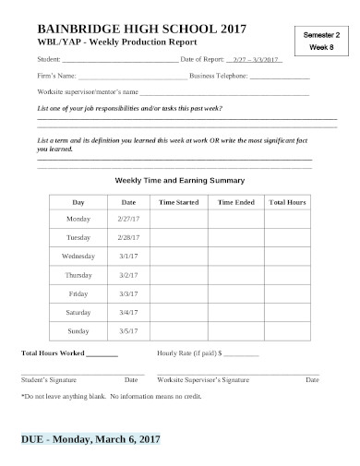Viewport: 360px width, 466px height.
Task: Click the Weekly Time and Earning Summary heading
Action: (x=179, y=180)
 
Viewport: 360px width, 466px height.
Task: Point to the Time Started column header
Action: (x=179, y=201)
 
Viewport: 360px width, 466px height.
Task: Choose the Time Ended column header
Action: (x=236, y=201)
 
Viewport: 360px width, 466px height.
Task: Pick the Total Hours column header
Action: (x=287, y=201)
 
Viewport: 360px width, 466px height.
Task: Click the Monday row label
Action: (x=78, y=219)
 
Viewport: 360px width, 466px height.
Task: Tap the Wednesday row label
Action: (x=78, y=256)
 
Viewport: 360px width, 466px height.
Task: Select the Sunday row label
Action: (x=78, y=329)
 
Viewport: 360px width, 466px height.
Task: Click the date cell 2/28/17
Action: (x=128, y=237)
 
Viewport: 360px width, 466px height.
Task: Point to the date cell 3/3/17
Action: (x=128, y=293)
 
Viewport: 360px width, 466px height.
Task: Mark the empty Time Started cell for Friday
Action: (x=179, y=293)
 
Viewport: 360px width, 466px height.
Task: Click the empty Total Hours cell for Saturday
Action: (x=287, y=311)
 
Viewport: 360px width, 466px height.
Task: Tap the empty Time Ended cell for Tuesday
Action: (x=236, y=237)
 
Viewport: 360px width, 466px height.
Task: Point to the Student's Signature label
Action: (x=49, y=379)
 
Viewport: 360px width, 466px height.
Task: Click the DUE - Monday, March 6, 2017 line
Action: (x=90, y=439)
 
